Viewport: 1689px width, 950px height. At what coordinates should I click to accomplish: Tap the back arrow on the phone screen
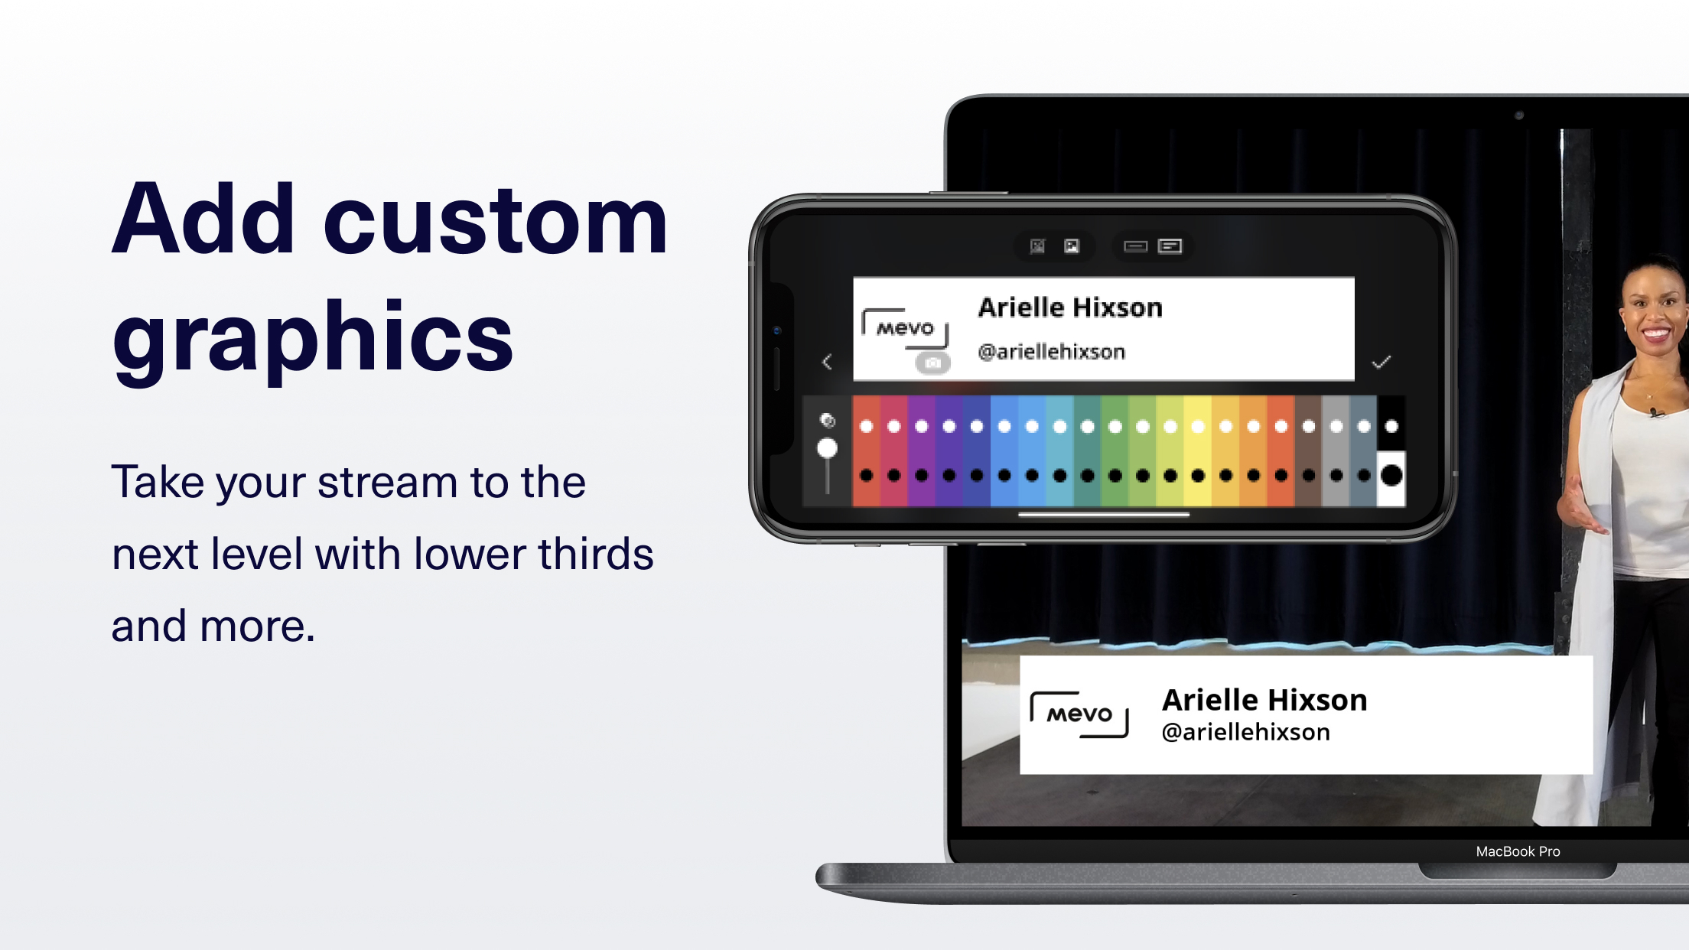pyautogui.click(x=827, y=362)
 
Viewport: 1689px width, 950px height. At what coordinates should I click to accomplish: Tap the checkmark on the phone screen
pyautogui.click(x=1381, y=362)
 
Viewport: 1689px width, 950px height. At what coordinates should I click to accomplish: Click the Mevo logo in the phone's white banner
pyautogui.click(x=905, y=328)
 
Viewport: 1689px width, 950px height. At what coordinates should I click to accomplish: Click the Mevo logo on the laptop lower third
pyautogui.click(x=1079, y=714)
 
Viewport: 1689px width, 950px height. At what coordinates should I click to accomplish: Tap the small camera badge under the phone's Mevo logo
pyautogui.click(x=932, y=363)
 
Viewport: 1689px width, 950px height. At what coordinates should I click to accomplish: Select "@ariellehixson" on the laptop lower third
pyautogui.click(x=1245, y=732)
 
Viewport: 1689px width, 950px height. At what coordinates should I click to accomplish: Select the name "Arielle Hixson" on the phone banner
pyautogui.click(x=1070, y=307)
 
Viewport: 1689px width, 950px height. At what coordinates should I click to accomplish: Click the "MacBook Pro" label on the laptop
pyautogui.click(x=1518, y=851)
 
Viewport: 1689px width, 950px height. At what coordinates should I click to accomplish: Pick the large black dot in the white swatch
pyautogui.click(x=1391, y=476)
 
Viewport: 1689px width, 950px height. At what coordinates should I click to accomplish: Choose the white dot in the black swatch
pyautogui.click(x=1391, y=426)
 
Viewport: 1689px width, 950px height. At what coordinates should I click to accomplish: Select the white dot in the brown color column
pyautogui.click(x=1309, y=426)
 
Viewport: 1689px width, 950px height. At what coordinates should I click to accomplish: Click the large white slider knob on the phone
pyautogui.click(x=827, y=448)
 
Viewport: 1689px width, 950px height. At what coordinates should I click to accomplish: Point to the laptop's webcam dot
pyautogui.click(x=1519, y=115)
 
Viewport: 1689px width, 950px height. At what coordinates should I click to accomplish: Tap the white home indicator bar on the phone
pyautogui.click(x=1104, y=515)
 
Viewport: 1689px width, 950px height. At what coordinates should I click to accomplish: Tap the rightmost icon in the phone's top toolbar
pyautogui.click(x=1170, y=246)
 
